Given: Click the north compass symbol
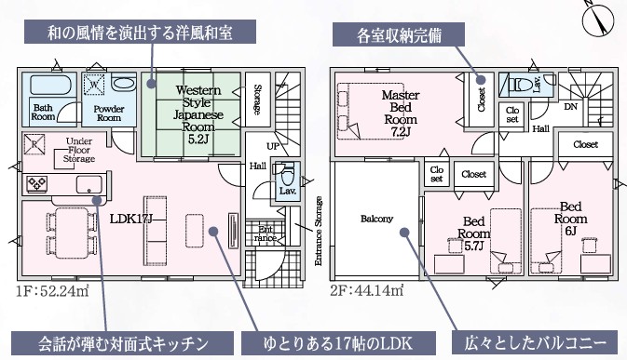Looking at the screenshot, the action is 598,20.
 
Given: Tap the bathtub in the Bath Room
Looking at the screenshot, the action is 50,85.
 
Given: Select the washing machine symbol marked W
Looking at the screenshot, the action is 94,85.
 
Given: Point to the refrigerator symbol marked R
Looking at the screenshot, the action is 34,144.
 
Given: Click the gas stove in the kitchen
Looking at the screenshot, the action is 36,183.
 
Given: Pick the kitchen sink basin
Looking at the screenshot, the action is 89,184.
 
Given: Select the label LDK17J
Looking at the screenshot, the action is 131,219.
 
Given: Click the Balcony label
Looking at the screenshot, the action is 376,219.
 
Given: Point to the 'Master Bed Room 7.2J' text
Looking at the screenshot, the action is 401,113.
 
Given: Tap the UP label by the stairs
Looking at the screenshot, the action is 273,146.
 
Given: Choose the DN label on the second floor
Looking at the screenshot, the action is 570,107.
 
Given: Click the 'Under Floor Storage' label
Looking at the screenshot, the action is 79,150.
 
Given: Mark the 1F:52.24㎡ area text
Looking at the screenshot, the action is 52,291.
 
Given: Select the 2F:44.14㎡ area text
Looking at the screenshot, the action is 367,290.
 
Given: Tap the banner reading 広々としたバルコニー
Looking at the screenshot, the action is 535,343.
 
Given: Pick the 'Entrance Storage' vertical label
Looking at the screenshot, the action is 319,231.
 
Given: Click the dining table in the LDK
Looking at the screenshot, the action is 72,233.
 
